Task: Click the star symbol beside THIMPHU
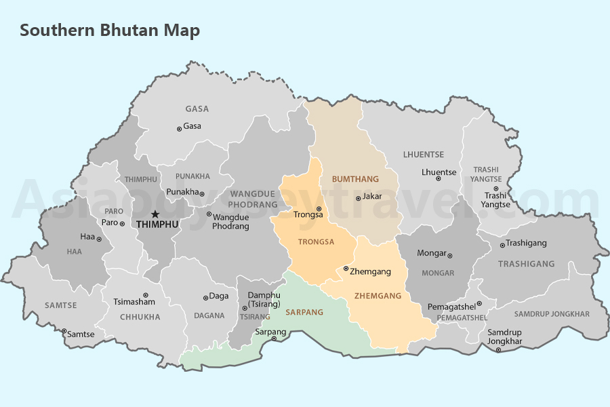click(155, 214)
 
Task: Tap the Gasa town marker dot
click(179, 128)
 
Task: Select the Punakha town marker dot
click(202, 193)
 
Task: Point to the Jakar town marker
click(359, 198)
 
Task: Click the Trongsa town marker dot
click(319, 209)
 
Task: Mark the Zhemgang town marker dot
click(346, 269)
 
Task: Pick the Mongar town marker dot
click(450, 255)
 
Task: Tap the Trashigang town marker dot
click(502, 245)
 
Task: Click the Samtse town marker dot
click(64, 332)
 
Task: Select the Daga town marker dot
click(205, 297)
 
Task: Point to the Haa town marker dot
click(99, 239)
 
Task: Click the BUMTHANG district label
click(355, 179)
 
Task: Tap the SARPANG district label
click(304, 312)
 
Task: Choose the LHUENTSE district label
click(424, 155)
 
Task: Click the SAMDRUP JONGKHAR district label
click(552, 314)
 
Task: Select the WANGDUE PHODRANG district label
click(253, 199)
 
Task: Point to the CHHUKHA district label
click(140, 317)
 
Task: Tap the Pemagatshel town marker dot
click(479, 304)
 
